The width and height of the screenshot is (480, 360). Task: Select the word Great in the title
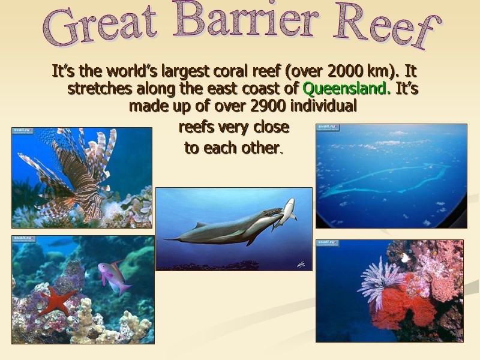coord(105,26)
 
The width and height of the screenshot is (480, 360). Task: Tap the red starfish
coord(56,301)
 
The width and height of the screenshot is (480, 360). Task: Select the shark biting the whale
coord(286,213)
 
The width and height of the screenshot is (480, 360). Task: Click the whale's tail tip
coord(166,239)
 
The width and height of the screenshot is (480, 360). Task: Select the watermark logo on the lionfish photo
coord(23,131)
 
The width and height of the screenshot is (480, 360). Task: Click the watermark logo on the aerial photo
coord(328,127)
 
